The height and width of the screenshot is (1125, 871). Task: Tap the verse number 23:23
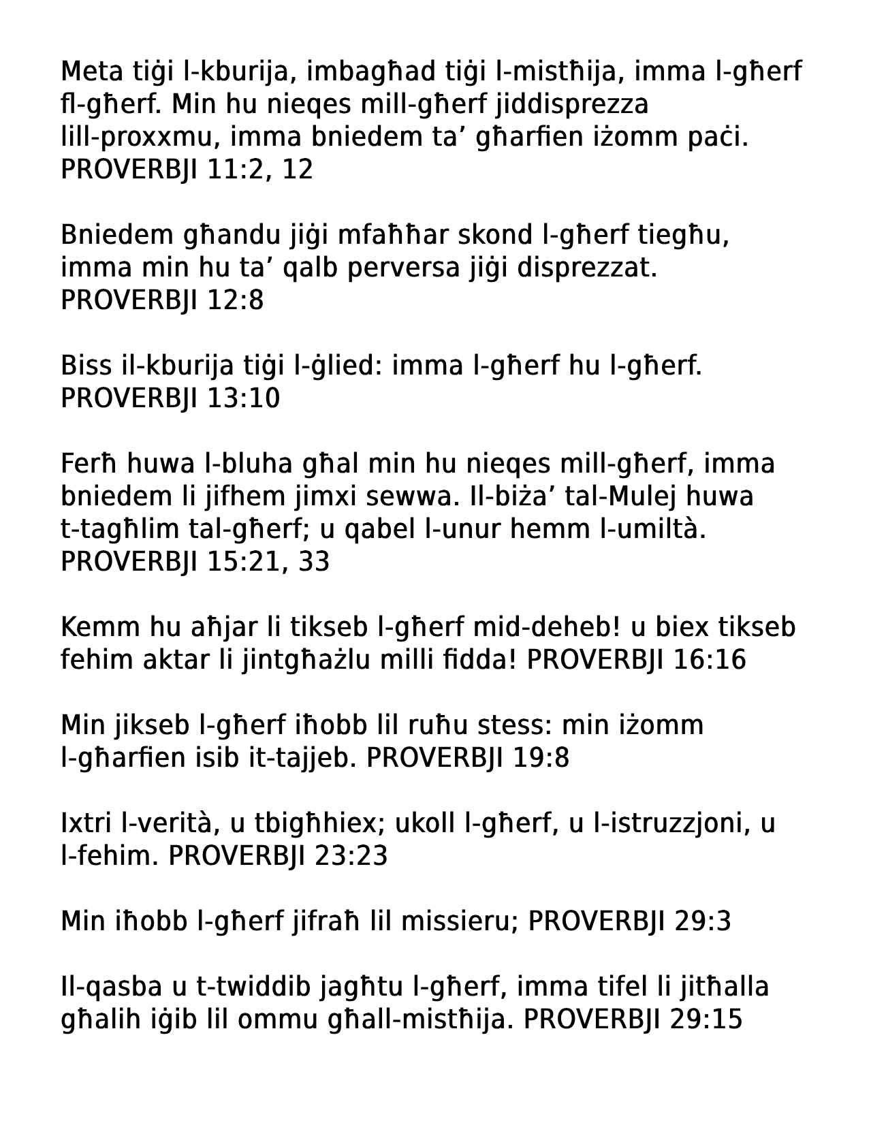[x=351, y=856]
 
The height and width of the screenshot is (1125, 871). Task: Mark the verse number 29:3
[x=703, y=921]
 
